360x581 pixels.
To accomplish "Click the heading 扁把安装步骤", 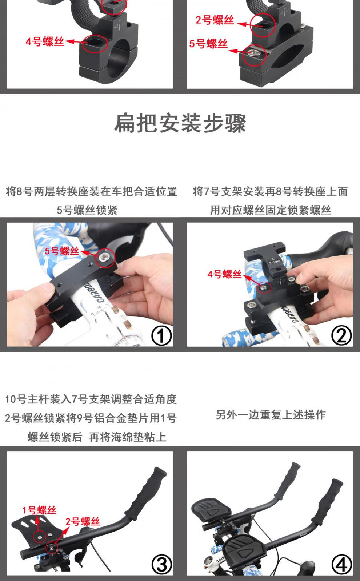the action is click(x=180, y=123).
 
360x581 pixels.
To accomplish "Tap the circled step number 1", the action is click(x=161, y=335).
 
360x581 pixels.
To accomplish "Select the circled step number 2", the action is click(x=341, y=335).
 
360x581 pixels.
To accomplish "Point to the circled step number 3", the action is click(x=161, y=565).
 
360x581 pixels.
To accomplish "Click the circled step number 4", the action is click(x=341, y=565).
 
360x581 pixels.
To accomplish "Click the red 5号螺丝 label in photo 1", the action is click(x=62, y=251).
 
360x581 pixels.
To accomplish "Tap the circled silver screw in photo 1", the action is click(x=105, y=258).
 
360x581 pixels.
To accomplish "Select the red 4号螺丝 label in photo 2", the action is click(x=224, y=274).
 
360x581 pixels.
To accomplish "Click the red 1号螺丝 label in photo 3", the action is click(x=39, y=510).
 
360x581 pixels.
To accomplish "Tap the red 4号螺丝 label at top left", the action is click(x=45, y=41).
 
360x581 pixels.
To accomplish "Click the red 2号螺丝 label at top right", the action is click(x=215, y=20).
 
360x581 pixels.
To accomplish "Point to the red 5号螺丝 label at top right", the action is click(x=208, y=44).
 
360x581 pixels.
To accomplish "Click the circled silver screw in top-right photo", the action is click(x=254, y=53).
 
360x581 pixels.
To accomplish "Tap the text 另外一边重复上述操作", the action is click(x=271, y=415).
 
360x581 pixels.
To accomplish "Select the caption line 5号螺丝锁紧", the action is click(x=87, y=210).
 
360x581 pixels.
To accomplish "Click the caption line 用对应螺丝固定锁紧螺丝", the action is click(x=271, y=210).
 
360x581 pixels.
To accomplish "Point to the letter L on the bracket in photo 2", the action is click(x=273, y=259).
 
